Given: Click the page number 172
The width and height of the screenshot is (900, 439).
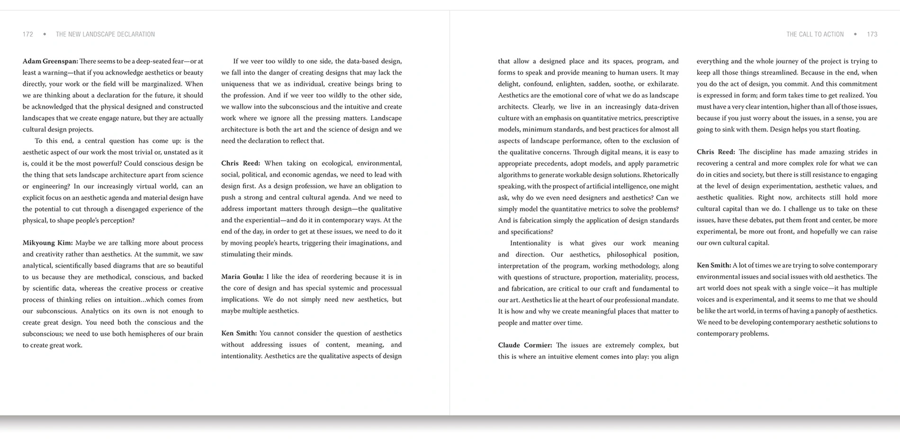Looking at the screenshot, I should pyautogui.click(x=28, y=34).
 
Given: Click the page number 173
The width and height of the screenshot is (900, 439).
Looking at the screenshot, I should pyautogui.click(x=872, y=34).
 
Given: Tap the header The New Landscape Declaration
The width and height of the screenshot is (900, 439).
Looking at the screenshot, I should pyautogui.click(x=105, y=34).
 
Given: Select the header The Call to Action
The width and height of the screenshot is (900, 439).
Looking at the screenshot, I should pyautogui.click(x=815, y=34).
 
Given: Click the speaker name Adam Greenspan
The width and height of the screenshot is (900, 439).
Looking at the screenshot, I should pyautogui.click(x=50, y=61).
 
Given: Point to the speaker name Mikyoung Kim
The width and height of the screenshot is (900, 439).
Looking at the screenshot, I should pyautogui.click(x=47, y=243).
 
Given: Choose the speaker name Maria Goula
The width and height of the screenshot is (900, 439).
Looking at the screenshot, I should pyautogui.click(x=243, y=277).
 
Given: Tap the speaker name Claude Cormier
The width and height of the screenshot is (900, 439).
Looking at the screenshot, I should pyautogui.click(x=525, y=345).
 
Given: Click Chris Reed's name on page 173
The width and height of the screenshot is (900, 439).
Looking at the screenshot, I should pyautogui.click(x=715, y=152).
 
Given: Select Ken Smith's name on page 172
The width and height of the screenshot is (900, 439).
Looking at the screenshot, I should pyautogui.click(x=239, y=333).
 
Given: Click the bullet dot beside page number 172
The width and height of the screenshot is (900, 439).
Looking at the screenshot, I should pyautogui.click(x=45, y=34).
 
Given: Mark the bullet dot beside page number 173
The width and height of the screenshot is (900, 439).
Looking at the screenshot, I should pyautogui.click(x=855, y=34).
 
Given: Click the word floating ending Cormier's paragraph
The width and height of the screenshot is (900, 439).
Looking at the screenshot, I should pyautogui.click(x=844, y=129).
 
